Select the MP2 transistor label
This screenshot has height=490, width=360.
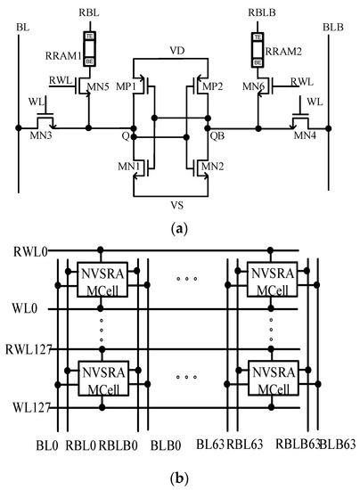pyautogui.click(x=211, y=86)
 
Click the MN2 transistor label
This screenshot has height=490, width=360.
pyautogui.click(x=212, y=166)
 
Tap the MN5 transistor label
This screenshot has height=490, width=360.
pyautogui.click(x=99, y=86)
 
